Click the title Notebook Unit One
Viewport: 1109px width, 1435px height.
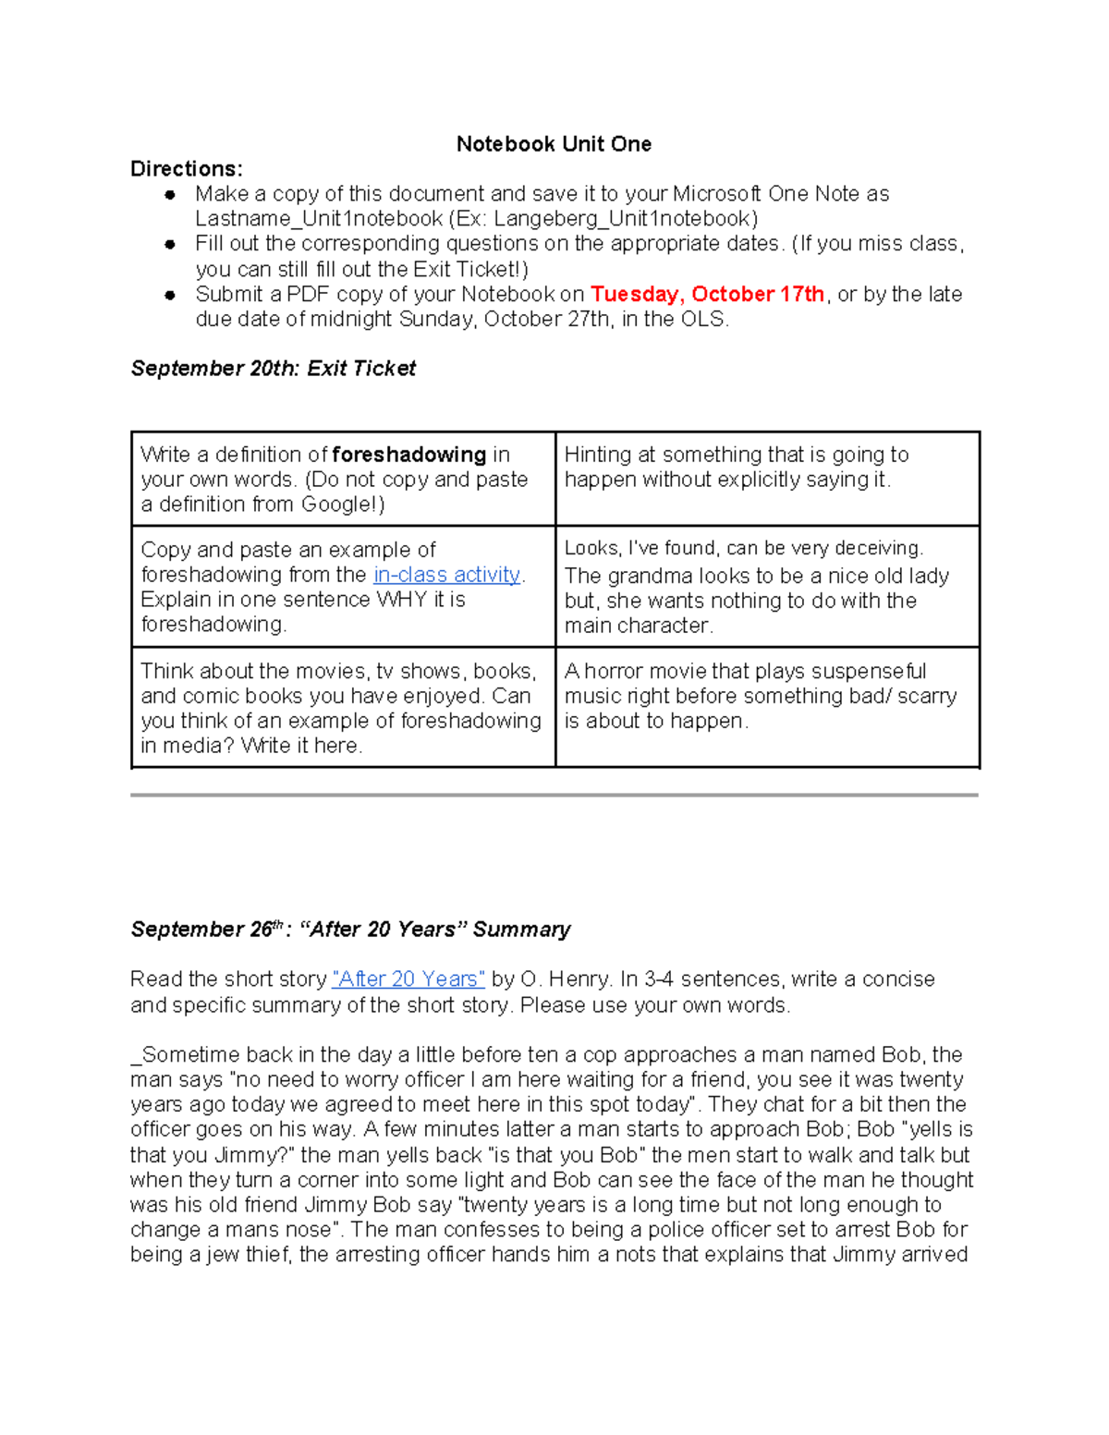click(x=554, y=144)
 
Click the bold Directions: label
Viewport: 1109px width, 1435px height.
click(x=186, y=169)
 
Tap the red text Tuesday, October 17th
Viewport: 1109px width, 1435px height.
click(x=707, y=294)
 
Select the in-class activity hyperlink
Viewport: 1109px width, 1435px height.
click(x=447, y=575)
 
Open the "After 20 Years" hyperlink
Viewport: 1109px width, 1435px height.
click(x=408, y=979)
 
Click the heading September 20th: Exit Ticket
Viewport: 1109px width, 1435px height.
click(x=273, y=369)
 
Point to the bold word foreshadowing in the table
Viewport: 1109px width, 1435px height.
click(x=408, y=455)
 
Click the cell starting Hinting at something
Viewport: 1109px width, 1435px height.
click(x=766, y=478)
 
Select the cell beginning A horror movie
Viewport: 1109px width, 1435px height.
click(x=766, y=706)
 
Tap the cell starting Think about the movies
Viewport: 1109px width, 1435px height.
click(x=342, y=707)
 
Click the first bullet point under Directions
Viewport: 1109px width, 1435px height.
click(x=170, y=195)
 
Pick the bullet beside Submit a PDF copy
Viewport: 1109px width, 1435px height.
click(x=170, y=295)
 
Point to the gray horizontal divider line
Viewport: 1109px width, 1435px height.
click(x=554, y=795)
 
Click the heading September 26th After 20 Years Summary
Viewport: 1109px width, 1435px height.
click(x=350, y=930)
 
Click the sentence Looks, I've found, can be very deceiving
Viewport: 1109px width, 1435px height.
click(x=744, y=548)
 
